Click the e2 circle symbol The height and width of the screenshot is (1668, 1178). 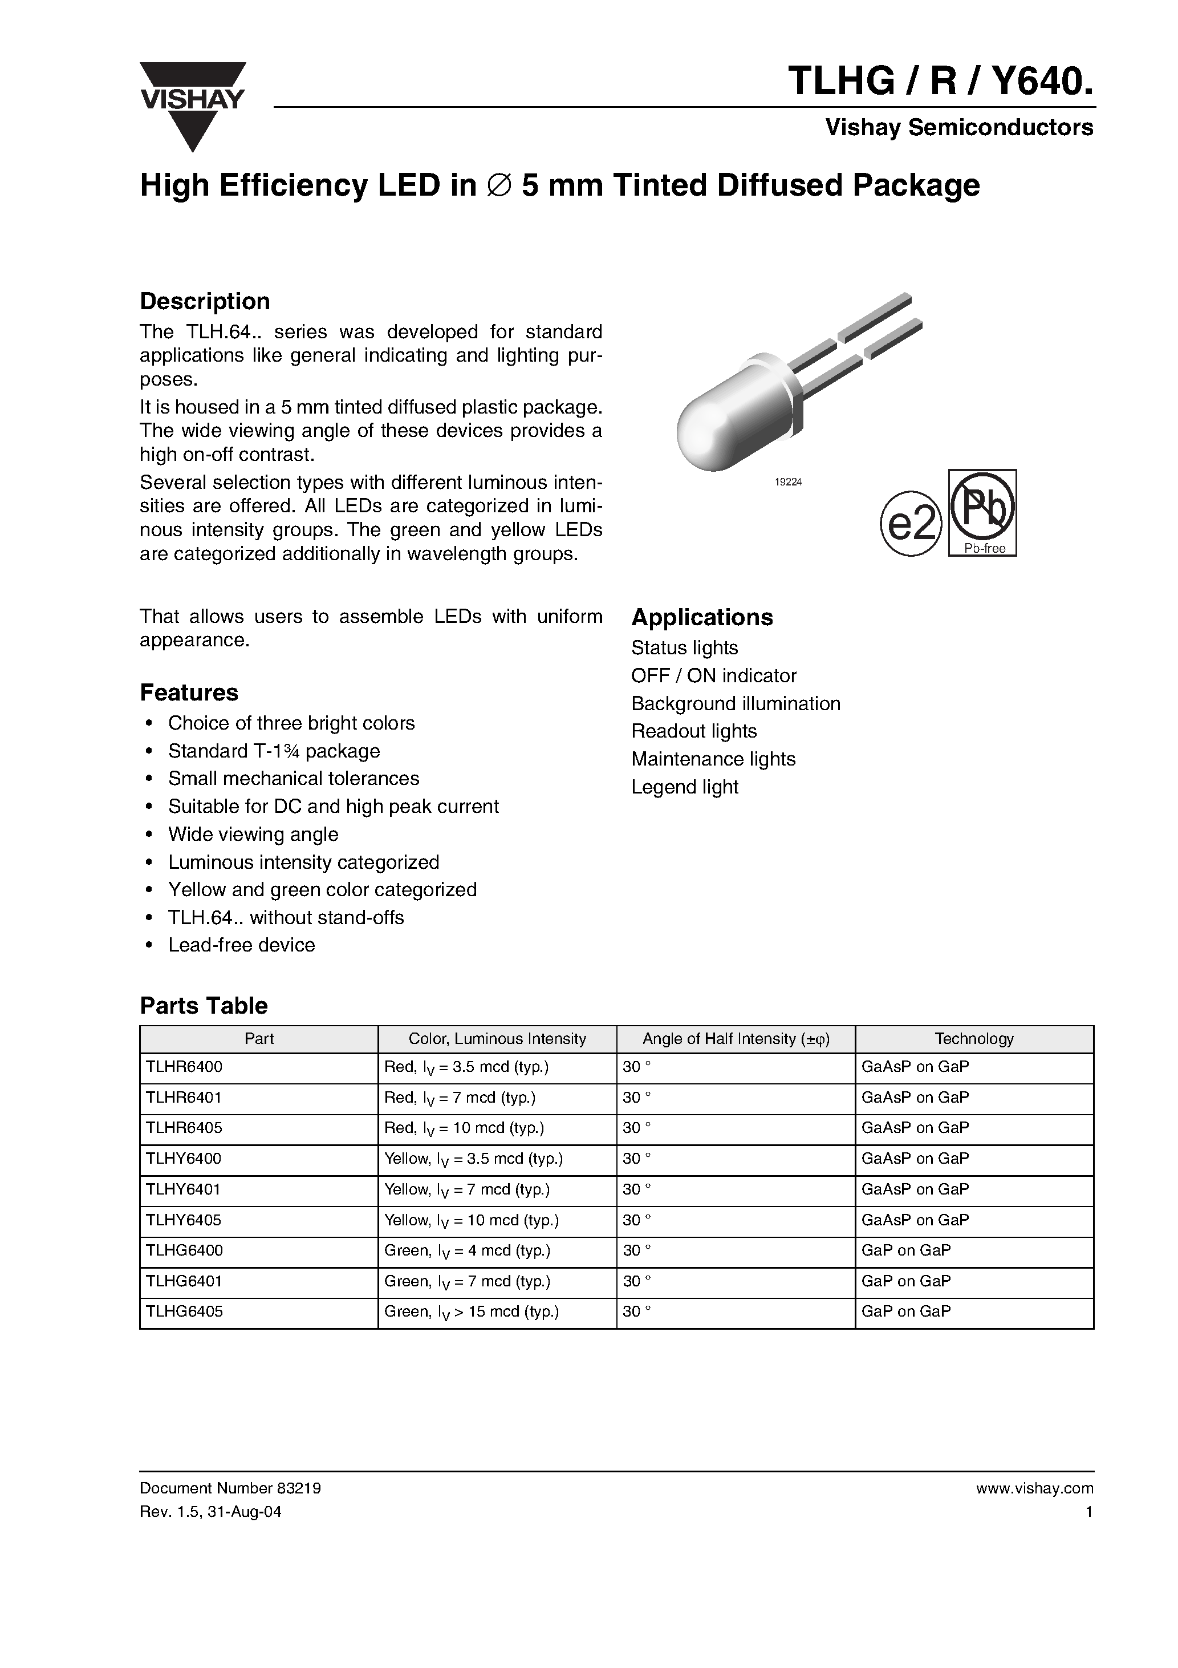click(x=911, y=524)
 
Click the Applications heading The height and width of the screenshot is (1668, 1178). click(x=701, y=617)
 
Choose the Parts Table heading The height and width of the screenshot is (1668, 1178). click(x=204, y=1006)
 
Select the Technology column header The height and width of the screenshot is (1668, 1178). click(x=973, y=1039)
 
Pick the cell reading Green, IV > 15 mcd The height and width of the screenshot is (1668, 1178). click(x=472, y=1311)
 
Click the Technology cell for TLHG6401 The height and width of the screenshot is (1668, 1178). click(x=905, y=1281)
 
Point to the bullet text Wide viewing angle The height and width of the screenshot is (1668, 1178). click(x=253, y=834)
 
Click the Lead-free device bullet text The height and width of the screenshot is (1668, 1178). click(x=241, y=945)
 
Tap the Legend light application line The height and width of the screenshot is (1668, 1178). click(x=684, y=787)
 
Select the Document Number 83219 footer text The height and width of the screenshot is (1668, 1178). click(x=230, y=1488)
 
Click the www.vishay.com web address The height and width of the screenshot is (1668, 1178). click(x=1034, y=1488)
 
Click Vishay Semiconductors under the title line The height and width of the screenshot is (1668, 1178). click(x=958, y=128)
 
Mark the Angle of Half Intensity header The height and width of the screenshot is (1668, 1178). click(x=735, y=1039)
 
